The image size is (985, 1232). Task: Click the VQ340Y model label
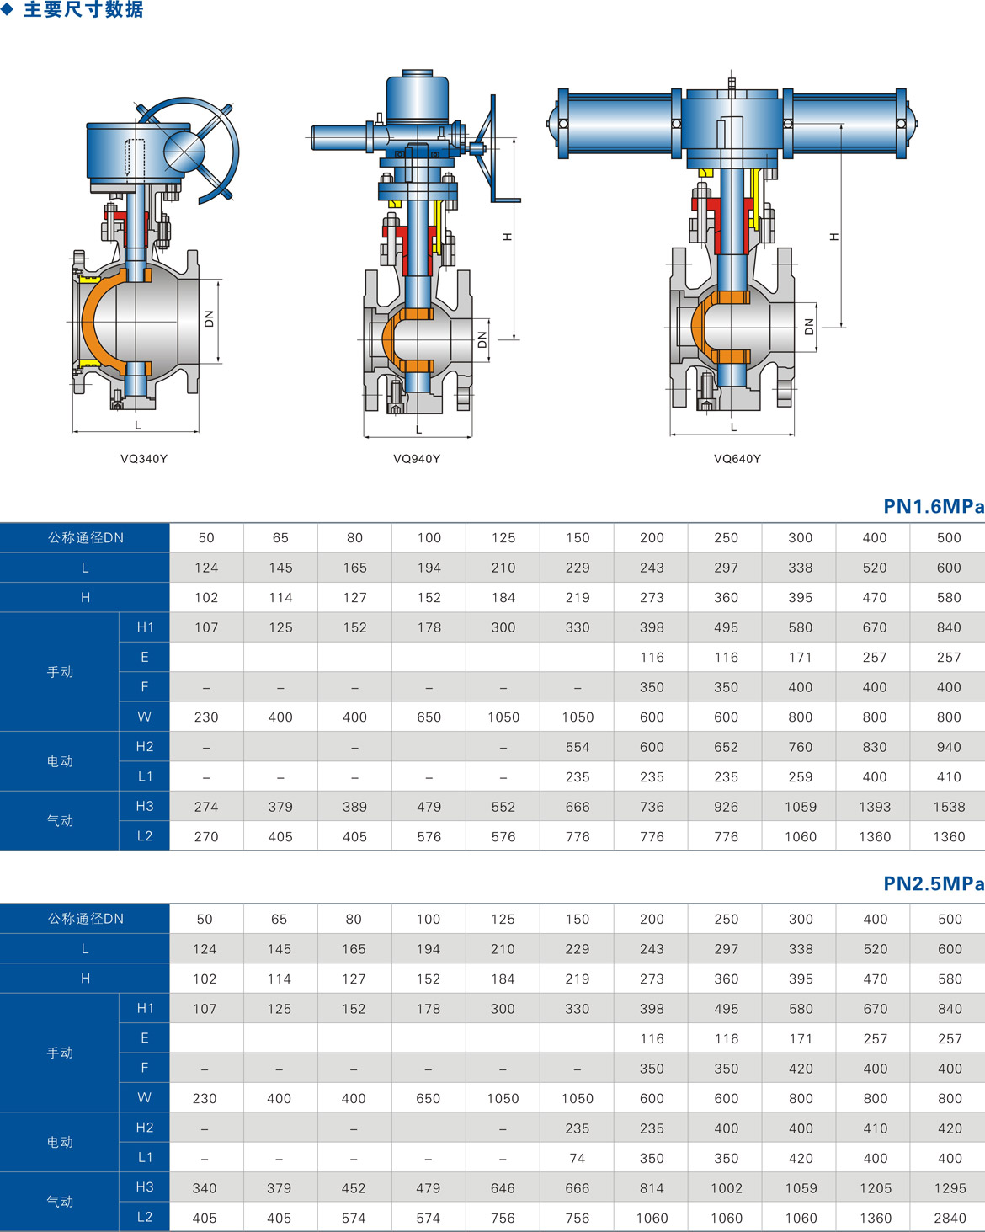pos(144,459)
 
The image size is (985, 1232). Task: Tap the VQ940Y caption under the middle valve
pos(417,459)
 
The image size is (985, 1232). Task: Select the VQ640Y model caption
pos(737,459)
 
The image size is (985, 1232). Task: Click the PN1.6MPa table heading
pos(934,506)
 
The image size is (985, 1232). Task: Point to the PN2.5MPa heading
pos(934,883)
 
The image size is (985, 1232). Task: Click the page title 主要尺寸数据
pos(83,9)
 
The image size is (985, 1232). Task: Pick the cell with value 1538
pos(949,807)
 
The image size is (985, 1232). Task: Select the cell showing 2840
pos(950,1218)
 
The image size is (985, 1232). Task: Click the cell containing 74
pos(577,1158)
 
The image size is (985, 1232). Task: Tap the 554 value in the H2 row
pos(578,747)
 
